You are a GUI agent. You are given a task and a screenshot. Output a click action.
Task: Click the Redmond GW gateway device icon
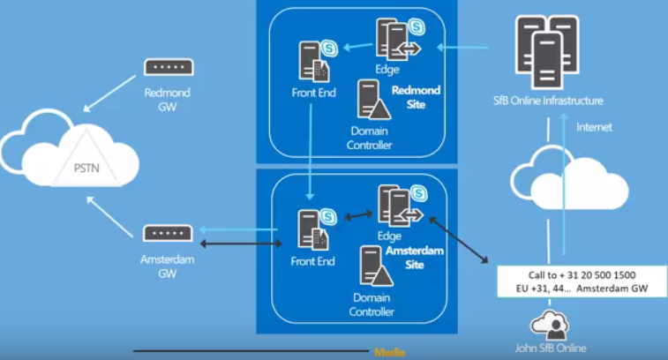(169, 67)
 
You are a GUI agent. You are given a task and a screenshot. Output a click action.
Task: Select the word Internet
(594, 127)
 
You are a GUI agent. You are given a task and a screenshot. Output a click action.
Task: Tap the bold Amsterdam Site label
(414, 258)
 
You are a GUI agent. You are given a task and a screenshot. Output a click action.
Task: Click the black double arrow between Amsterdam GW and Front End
(239, 242)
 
